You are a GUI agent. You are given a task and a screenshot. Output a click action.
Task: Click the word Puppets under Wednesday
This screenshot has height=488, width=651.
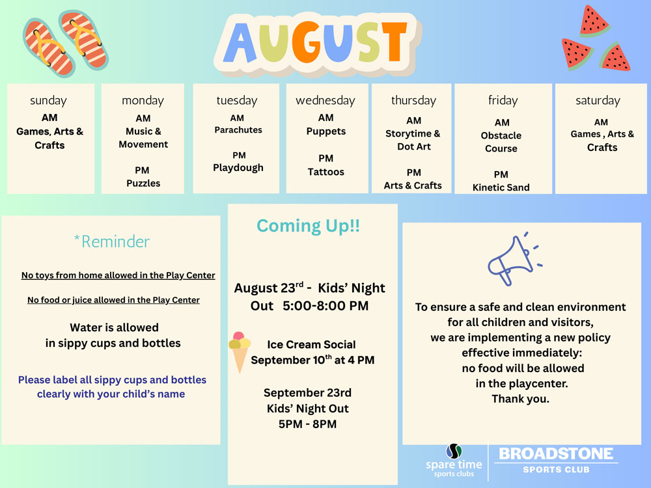[326, 131]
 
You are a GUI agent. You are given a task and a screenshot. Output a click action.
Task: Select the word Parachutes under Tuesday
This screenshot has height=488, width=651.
[238, 130]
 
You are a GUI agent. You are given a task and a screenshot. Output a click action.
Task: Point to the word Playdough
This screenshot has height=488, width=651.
[238, 168]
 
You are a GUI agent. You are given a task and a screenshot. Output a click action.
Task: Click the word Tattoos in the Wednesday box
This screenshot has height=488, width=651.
[326, 172]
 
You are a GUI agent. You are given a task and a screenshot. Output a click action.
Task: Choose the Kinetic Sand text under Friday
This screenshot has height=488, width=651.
[501, 187]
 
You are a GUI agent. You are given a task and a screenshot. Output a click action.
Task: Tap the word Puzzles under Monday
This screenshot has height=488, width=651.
[143, 183]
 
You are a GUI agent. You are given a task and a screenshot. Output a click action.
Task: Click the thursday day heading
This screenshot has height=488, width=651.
[413, 100]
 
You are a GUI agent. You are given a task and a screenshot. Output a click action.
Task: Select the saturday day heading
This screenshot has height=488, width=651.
[598, 100]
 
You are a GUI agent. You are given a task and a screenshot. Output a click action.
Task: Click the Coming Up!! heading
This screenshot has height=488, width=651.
[308, 226]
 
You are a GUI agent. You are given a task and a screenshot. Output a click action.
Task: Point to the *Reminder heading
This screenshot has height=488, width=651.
[112, 241]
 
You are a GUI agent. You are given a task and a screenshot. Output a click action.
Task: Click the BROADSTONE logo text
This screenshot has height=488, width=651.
[556, 454]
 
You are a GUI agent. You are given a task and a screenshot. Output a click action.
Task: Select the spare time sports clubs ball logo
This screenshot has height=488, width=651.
[454, 451]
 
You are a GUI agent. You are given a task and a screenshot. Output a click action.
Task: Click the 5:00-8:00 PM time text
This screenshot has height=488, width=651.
[325, 306]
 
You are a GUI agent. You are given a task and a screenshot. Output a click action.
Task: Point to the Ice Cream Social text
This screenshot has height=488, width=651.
[311, 344]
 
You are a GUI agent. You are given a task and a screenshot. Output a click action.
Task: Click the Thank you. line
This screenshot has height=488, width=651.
[521, 400]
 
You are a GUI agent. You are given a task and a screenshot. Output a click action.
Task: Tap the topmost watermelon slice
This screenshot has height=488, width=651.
[594, 21]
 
